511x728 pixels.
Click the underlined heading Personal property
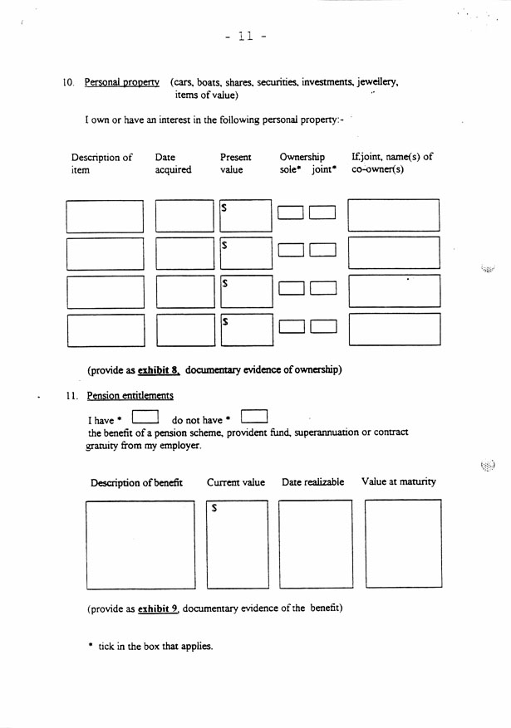[x=121, y=83]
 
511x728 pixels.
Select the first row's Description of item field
[x=105, y=216]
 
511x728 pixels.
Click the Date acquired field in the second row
[x=184, y=253]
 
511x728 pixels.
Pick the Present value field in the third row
[x=246, y=291]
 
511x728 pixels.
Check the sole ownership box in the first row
[x=290, y=213]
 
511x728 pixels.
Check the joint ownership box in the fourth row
[x=322, y=326]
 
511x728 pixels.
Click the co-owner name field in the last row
[x=394, y=329]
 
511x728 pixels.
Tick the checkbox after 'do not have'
[x=253, y=414]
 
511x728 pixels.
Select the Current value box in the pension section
[x=238, y=544]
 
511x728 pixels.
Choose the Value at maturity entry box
[x=403, y=544]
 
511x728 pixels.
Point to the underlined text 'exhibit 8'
[x=159, y=369]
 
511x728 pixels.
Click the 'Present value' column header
[x=236, y=164]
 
